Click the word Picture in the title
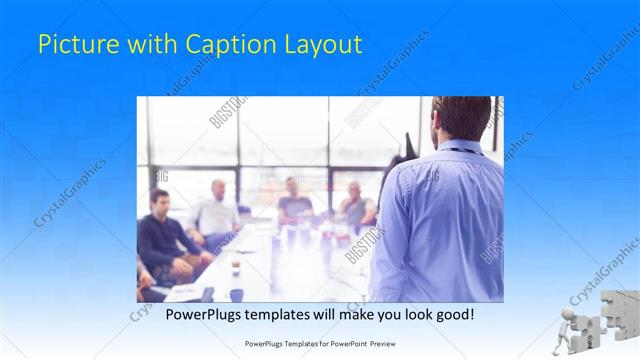tap(73, 44)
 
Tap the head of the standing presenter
tap(461, 117)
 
